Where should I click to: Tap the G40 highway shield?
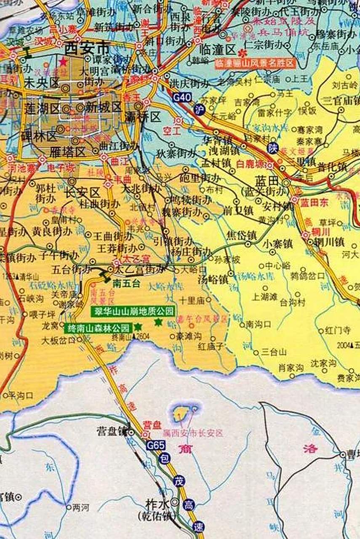[x=182, y=98]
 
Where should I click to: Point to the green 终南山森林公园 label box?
[x=98, y=327]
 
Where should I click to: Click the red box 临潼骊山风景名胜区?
[x=255, y=64]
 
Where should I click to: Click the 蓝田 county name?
[x=267, y=181]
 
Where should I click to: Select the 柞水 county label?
[x=157, y=503]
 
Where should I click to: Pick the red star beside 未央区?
[x=63, y=62]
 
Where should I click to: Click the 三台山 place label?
[x=274, y=352]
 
